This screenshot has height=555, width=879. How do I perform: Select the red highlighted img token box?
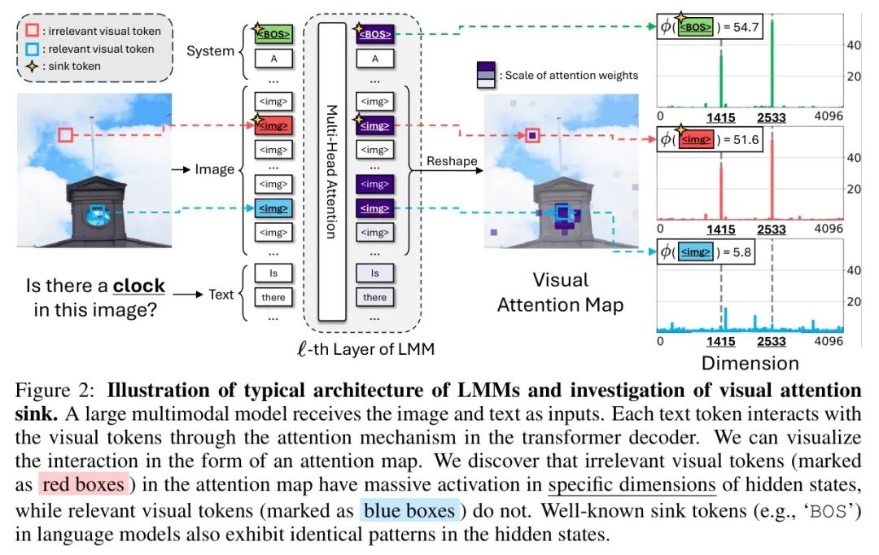click(273, 125)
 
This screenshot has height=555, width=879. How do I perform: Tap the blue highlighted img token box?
click(273, 208)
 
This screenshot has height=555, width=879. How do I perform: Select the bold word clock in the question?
click(138, 286)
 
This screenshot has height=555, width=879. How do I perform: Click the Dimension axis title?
click(750, 362)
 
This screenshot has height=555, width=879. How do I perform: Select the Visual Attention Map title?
click(561, 293)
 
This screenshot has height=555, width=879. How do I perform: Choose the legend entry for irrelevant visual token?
click(103, 31)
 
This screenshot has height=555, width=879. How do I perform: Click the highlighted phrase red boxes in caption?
click(81, 485)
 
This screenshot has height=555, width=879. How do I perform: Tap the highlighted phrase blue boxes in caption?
click(409, 510)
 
